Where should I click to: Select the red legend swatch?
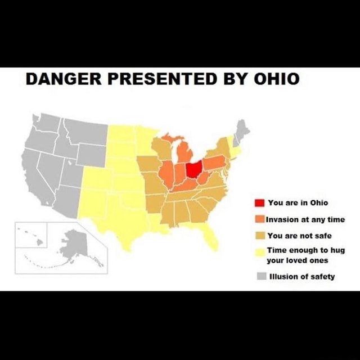point(259,203)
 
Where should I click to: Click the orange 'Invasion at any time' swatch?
point(259,219)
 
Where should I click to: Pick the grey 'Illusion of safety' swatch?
point(261,276)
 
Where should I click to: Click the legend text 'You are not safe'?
point(299,236)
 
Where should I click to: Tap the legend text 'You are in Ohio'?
point(298,203)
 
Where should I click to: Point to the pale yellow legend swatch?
point(260,252)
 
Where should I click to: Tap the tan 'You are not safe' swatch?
point(259,236)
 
